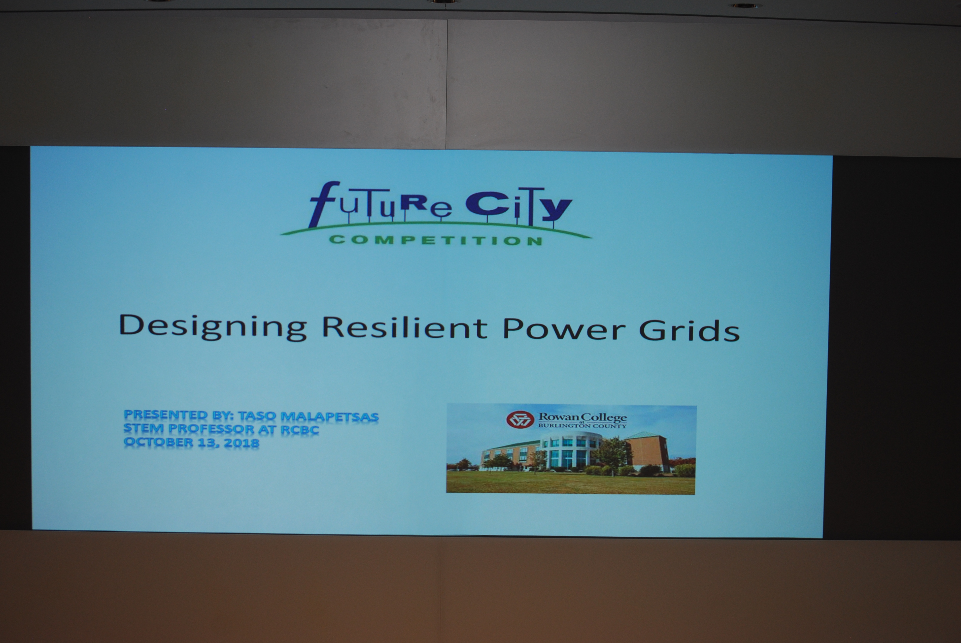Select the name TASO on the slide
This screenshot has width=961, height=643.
tap(257, 416)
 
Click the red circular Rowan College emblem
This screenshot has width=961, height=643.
tap(520, 419)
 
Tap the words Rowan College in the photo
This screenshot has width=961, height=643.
tap(583, 418)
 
